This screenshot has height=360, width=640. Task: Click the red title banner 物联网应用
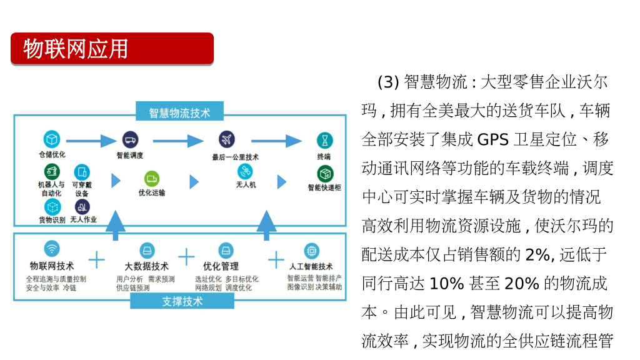click(x=112, y=49)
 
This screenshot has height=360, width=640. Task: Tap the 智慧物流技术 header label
click(x=179, y=113)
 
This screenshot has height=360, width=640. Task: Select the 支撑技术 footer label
click(x=182, y=301)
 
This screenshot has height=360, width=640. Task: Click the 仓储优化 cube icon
click(x=51, y=139)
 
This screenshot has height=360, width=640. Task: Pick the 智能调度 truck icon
click(x=130, y=140)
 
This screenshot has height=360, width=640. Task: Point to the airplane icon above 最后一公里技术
click(x=226, y=140)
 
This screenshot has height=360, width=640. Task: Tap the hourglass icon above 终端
click(x=324, y=140)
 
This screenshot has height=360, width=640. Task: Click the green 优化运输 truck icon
click(x=152, y=179)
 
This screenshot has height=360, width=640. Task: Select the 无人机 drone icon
click(x=246, y=171)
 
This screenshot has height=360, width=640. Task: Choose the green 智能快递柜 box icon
click(x=325, y=173)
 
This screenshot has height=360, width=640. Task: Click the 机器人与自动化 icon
click(x=51, y=171)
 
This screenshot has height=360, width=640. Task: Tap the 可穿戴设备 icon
click(x=82, y=172)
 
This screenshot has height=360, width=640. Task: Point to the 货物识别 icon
click(x=52, y=207)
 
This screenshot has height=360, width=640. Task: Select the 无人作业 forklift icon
click(x=82, y=207)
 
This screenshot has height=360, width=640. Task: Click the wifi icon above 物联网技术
click(x=52, y=249)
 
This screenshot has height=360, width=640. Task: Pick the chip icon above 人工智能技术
click(x=311, y=251)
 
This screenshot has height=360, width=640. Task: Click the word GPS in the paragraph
click(x=493, y=139)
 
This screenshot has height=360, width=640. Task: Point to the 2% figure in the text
click(x=537, y=254)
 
